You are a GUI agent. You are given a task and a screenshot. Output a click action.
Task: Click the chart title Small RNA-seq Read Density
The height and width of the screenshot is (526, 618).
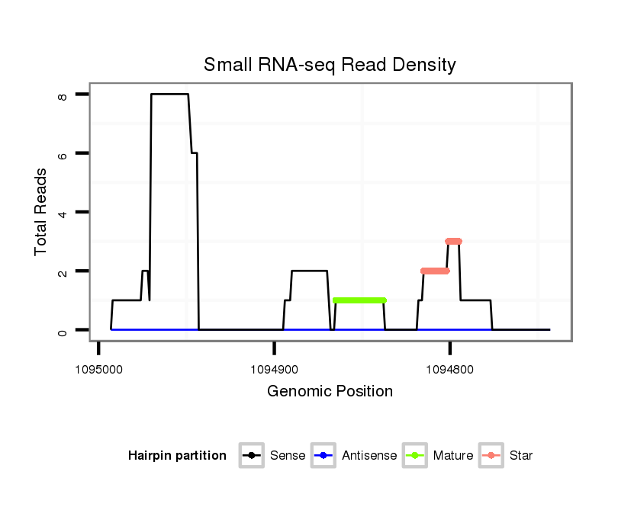330,66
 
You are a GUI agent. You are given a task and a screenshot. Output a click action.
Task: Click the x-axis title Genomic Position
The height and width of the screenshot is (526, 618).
330,392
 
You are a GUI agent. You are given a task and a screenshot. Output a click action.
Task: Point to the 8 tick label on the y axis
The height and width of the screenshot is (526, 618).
63,95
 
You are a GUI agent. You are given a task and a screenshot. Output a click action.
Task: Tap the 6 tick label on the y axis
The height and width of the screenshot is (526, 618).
63,153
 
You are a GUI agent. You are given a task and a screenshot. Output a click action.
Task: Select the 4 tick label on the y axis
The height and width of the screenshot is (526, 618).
63,212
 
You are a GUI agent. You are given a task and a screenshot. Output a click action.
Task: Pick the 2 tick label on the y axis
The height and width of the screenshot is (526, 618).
63,271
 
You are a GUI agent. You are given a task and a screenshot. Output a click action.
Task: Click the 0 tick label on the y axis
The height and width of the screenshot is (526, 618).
63,330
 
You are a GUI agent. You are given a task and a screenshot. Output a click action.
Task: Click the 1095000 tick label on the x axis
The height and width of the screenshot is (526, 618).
98,370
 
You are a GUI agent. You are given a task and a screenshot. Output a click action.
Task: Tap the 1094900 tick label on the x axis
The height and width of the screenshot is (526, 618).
274,370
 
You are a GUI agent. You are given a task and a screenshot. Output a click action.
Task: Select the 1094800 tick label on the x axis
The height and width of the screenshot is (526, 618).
449,370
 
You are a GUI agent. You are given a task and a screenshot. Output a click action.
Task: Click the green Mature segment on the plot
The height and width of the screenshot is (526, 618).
359,300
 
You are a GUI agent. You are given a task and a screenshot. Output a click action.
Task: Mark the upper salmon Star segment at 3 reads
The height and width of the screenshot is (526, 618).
453,241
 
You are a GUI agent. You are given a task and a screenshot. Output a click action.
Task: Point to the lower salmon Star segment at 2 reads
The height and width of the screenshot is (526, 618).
435,271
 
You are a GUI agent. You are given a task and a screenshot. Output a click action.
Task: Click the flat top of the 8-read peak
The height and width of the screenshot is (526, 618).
169,94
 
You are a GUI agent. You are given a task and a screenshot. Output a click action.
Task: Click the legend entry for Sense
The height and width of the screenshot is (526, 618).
288,456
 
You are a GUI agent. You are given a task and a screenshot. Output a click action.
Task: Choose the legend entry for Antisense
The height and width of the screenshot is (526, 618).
369,456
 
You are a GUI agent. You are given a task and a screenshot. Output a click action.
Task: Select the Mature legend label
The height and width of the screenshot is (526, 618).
452,456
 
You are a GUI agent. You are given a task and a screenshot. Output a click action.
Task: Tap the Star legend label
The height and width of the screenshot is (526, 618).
520,456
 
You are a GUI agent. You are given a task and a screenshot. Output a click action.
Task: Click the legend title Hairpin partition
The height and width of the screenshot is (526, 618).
177,456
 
